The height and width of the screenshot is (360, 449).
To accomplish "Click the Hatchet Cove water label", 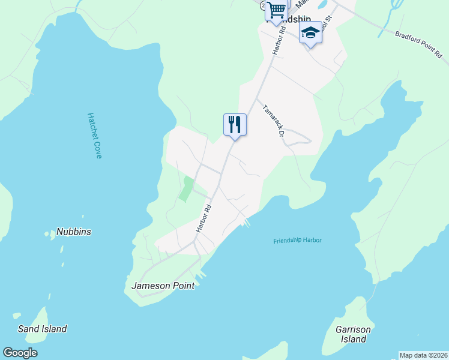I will click(x=95, y=136).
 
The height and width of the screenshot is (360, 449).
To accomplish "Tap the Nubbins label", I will click(x=74, y=232).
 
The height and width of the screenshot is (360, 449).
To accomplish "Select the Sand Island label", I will click(x=42, y=329).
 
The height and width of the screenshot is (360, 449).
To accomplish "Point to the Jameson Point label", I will click(x=163, y=286).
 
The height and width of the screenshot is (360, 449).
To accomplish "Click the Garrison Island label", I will click(x=353, y=335).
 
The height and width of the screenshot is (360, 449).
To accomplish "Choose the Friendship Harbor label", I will click(x=297, y=241).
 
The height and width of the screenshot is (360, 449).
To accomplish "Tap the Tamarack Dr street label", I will click(x=272, y=121).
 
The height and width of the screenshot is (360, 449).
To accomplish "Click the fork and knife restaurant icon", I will click(x=235, y=125).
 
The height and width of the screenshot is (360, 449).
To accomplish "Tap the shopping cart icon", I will click(x=276, y=10).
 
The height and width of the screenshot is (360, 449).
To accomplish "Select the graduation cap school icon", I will click(x=310, y=32).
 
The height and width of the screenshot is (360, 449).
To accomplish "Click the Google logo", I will click(x=20, y=353).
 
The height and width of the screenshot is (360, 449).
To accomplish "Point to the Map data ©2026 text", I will click(x=423, y=355).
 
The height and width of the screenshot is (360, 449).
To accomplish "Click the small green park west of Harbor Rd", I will click(x=187, y=189).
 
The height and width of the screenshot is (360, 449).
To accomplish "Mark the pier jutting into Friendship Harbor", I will click(x=246, y=223).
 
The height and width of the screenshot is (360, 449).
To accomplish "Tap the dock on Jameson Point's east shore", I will click(x=202, y=275).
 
